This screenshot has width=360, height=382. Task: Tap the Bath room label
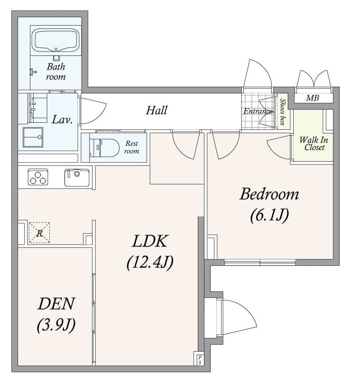pyautogui.click(x=56, y=72)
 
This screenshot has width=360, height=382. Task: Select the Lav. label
pyautogui.click(x=62, y=119)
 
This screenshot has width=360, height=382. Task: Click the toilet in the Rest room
pyautogui.click(x=105, y=147)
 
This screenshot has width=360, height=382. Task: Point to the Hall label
pyautogui.click(x=157, y=110)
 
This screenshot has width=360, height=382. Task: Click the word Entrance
pyautogui.click(x=258, y=111)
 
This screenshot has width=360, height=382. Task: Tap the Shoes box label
pyautogui.click(x=283, y=112)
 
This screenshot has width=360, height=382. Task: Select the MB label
pyautogui.click(x=312, y=98)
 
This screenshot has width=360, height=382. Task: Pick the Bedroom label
pyautogui.click(x=269, y=194)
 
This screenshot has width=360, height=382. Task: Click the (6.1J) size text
pyautogui.click(x=269, y=215)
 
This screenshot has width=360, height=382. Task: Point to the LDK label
pyautogui.click(x=149, y=241)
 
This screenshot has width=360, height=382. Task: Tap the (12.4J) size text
pyautogui.click(x=149, y=262)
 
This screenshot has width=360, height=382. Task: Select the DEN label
pyautogui.click(x=56, y=304)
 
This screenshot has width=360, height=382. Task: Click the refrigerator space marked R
pyautogui.click(x=39, y=233)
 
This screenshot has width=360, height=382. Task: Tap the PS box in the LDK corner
pyautogui.click(x=200, y=359)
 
